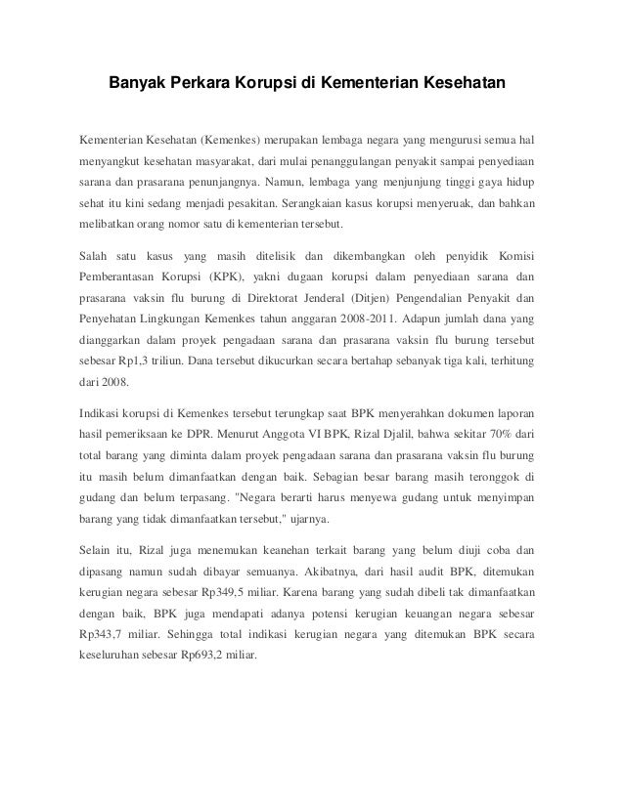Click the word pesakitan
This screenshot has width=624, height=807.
(245, 206)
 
